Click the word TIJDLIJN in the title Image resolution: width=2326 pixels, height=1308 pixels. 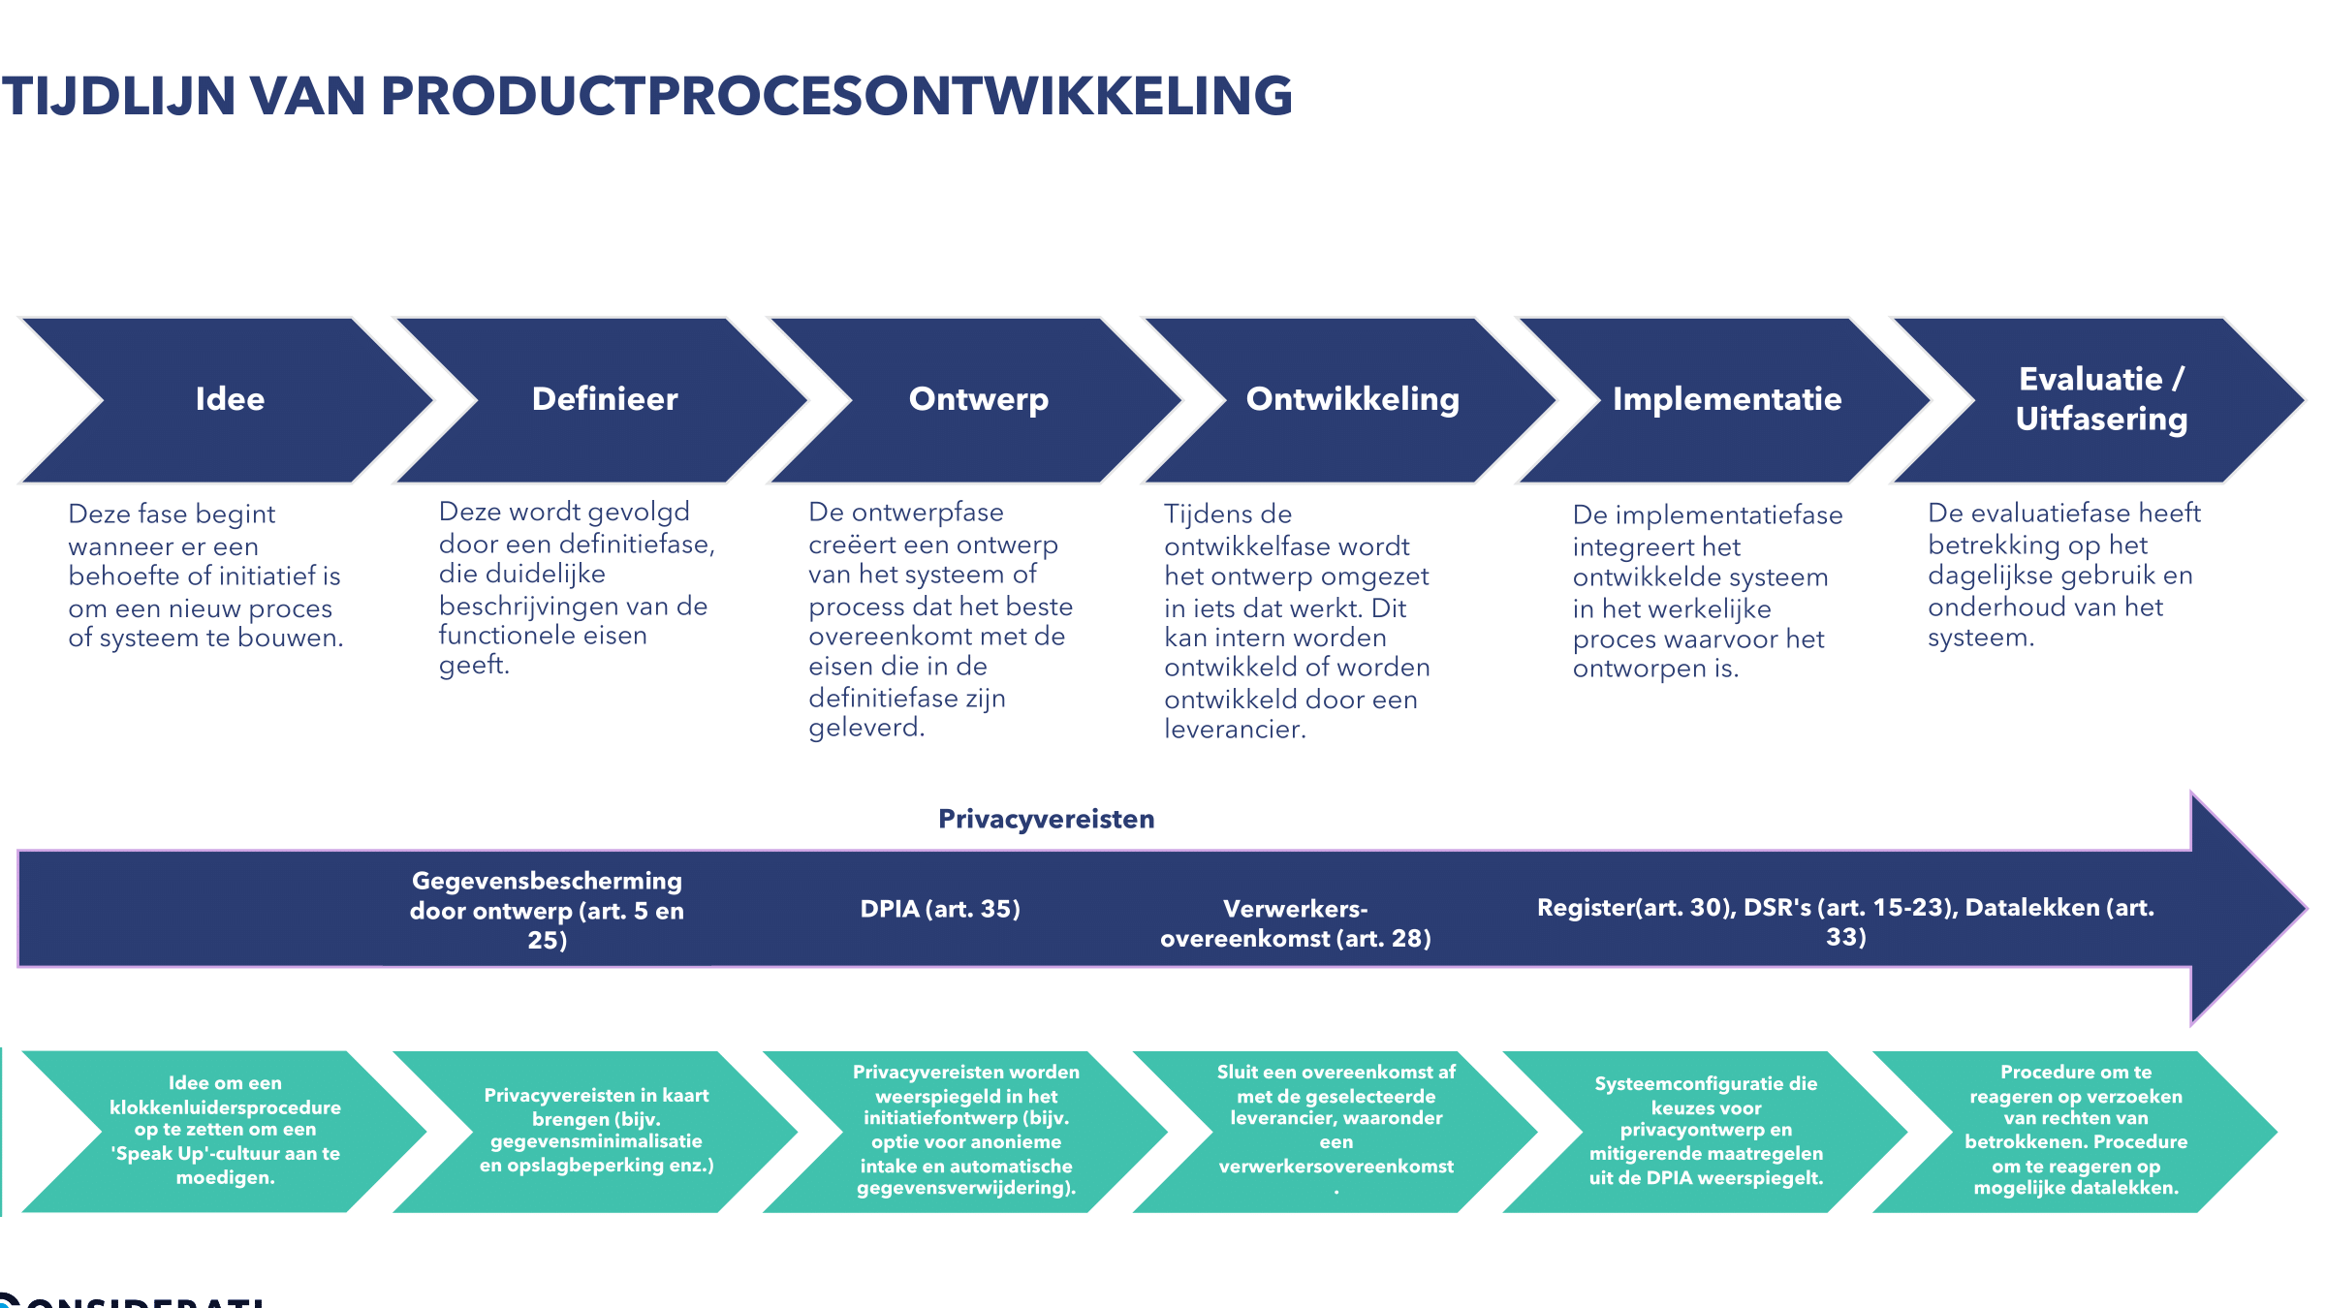(x=119, y=96)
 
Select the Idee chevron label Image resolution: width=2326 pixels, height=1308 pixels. (x=230, y=399)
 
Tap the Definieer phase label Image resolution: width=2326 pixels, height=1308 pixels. (x=605, y=399)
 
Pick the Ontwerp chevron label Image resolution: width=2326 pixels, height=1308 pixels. (x=979, y=400)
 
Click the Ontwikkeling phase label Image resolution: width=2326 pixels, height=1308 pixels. (x=1353, y=400)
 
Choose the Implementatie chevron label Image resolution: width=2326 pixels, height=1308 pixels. (x=1727, y=400)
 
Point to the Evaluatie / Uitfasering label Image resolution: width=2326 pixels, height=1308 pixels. (x=2101, y=399)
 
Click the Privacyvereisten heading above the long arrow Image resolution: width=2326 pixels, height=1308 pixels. (x=1047, y=820)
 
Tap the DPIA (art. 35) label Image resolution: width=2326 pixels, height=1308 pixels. (x=940, y=909)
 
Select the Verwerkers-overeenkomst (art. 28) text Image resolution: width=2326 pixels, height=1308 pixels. (x=1296, y=923)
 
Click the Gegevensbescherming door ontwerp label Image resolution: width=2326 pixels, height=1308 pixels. (x=548, y=910)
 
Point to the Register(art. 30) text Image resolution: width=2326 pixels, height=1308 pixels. (x=1636, y=908)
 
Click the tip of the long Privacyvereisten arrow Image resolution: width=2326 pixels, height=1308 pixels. (x=2307, y=909)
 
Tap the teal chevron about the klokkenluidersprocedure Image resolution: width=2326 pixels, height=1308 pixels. (x=225, y=1132)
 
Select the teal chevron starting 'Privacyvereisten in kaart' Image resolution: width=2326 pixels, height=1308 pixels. (x=596, y=1132)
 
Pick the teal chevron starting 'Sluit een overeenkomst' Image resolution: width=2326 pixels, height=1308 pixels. (x=1336, y=1132)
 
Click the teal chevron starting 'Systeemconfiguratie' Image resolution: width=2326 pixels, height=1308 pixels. (x=1706, y=1132)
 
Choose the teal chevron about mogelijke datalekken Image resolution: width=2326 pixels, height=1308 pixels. (x=2076, y=1132)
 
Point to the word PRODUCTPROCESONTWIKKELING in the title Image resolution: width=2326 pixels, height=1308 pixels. (x=836, y=96)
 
